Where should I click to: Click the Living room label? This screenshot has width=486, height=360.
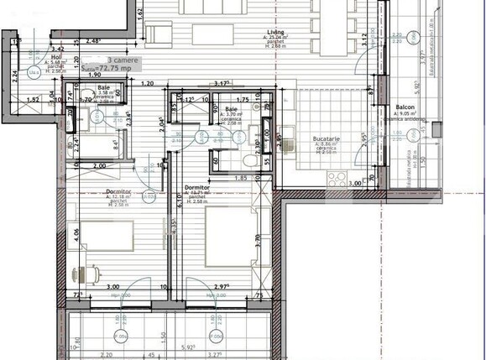coord(271,31)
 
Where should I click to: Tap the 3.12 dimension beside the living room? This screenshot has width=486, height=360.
coord(363,39)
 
